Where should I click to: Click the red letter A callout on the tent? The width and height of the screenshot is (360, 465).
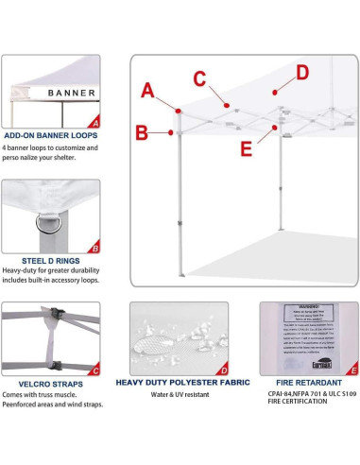tap(147, 91)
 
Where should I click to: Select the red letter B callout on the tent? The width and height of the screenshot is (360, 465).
tap(141, 132)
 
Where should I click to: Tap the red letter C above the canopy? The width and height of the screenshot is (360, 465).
tap(199, 77)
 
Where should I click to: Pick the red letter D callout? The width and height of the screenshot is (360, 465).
tap(301, 72)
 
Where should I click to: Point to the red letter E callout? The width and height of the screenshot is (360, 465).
tap(246, 148)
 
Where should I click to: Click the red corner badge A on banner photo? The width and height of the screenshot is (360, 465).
tap(94, 122)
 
